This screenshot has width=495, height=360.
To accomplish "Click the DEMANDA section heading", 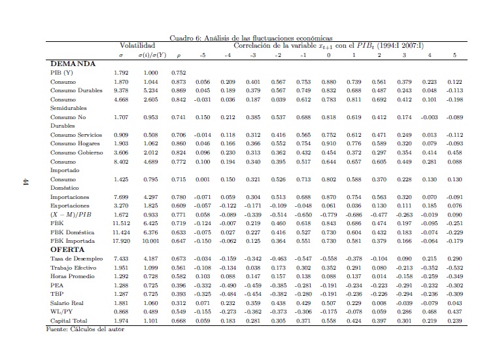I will (x=73, y=63).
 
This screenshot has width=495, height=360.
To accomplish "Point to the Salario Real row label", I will (x=68, y=303).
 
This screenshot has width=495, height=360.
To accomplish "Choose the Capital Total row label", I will (x=69, y=321).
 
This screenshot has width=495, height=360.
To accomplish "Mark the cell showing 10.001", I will (x=151, y=241).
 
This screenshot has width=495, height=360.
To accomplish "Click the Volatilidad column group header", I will (x=137, y=46).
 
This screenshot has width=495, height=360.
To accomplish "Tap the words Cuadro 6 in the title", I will (x=184, y=38).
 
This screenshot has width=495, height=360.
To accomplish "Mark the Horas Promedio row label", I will (x=71, y=276).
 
